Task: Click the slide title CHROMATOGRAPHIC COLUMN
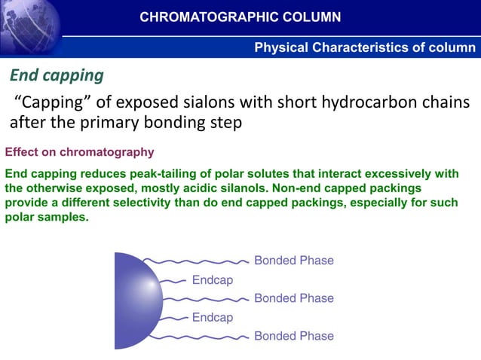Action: tap(240, 17)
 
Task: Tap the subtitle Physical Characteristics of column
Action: tap(365, 48)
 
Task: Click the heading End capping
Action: tap(56, 76)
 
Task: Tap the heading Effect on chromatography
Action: tap(79, 151)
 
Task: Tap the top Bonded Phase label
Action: tap(293, 261)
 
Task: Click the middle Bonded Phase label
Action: tap(293, 298)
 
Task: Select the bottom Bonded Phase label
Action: tap(293, 336)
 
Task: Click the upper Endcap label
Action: tap(213, 279)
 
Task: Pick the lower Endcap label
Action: tap(213, 317)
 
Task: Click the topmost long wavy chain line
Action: tap(196, 261)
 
